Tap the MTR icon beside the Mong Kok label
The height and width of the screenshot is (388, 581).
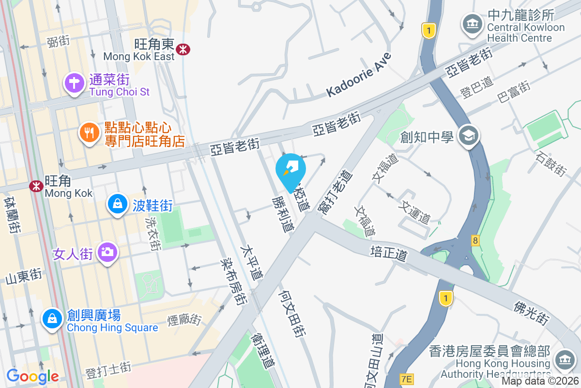(x=36, y=186)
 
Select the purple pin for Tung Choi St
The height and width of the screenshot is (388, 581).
(x=74, y=83)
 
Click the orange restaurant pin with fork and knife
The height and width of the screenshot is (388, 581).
(x=89, y=132)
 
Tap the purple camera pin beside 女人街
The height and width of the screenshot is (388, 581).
(x=107, y=252)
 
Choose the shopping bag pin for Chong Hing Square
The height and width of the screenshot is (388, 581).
(x=51, y=319)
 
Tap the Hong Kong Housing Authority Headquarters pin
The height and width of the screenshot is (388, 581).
(x=563, y=360)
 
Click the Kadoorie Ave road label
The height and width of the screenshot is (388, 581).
(x=358, y=75)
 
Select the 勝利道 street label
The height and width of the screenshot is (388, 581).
(x=283, y=214)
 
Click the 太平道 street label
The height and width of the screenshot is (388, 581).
(x=252, y=262)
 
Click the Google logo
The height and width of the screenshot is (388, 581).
(x=32, y=376)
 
